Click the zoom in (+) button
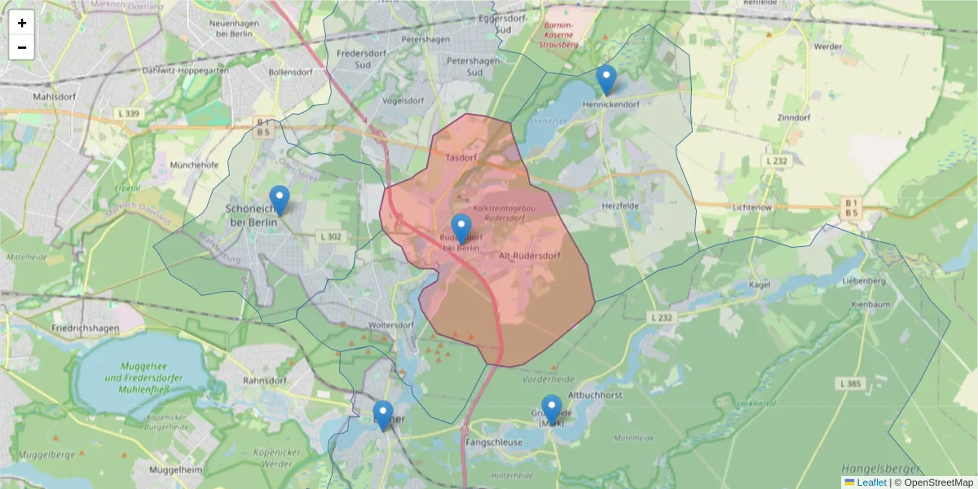(x=22, y=23)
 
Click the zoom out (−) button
(x=22, y=47)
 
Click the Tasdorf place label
(x=460, y=156)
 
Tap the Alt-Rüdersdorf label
(x=529, y=256)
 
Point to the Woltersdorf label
(x=391, y=324)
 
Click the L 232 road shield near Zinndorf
(x=777, y=161)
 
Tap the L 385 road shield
(x=850, y=383)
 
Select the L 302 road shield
(x=331, y=236)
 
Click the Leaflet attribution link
(x=871, y=482)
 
